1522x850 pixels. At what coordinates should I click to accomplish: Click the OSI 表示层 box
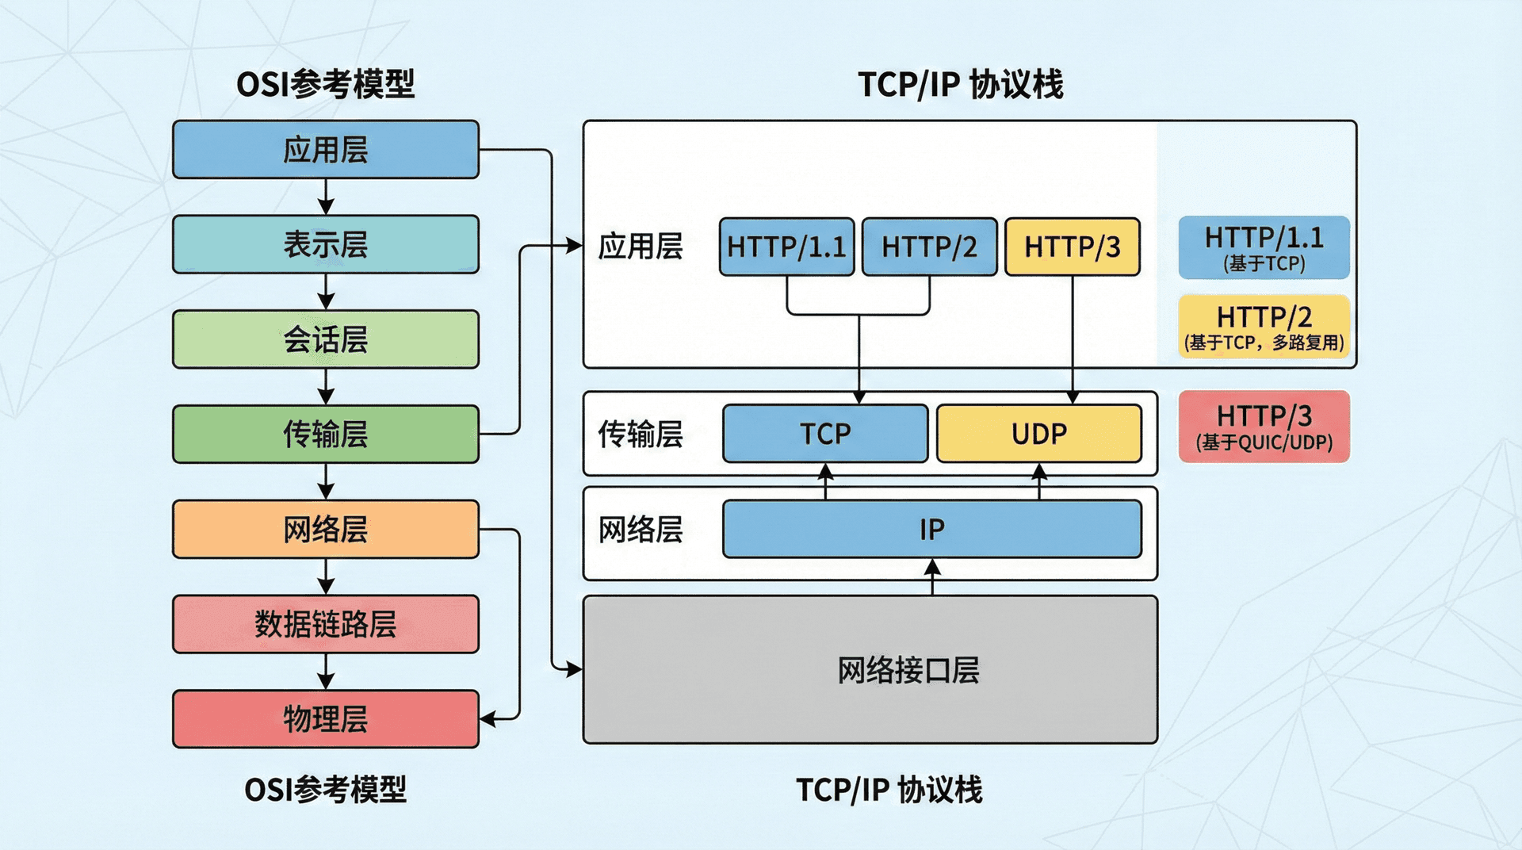(x=326, y=244)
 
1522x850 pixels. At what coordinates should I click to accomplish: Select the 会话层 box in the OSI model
(x=326, y=339)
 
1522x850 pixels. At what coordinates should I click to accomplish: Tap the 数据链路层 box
(x=326, y=624)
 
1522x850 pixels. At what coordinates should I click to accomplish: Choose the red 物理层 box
(x=326, y=719)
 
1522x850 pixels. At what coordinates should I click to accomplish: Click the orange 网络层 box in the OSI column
(x=326, y=529)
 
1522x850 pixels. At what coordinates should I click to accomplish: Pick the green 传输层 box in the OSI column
(x=326, y=434)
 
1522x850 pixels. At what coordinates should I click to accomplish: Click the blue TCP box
(x=825, y=434)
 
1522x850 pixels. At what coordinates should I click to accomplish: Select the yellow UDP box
(x=1038, y=434)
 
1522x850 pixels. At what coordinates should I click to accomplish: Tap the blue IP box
(x=931, y=529)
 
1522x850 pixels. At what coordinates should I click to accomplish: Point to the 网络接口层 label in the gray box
(x=908, y=671)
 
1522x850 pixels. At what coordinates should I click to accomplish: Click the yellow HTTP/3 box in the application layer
(x=1072, y=247)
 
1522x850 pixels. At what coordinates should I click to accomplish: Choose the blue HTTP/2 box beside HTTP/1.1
(x=929, y=247)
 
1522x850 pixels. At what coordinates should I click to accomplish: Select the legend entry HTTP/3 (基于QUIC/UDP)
(x=1264, y=427)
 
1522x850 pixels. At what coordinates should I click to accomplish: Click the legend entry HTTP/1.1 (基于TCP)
(x=1264, y=247)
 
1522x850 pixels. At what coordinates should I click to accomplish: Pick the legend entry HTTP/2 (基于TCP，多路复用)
(x=1264, y=326)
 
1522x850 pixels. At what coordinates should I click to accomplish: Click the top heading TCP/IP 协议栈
(x=960, y=84)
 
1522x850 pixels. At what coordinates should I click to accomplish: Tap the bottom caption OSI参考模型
(x=325, y=790)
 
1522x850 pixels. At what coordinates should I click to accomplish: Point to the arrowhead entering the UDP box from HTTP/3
(x=1073, y=397)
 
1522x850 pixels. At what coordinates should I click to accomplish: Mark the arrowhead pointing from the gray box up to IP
(x=932, y=567)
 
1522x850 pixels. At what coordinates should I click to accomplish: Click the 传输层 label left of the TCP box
(x=641, y=434)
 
